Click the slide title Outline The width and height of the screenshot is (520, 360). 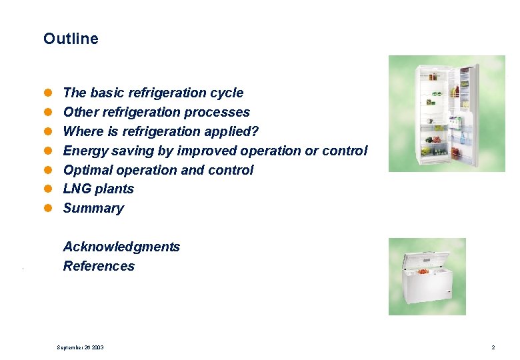tap(71, 39)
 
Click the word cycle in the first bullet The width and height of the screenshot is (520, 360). tap(227, 93)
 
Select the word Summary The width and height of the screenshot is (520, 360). tap(93, 208)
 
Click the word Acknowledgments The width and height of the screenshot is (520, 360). tap(121, 247)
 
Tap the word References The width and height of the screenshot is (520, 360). tap(99, 266)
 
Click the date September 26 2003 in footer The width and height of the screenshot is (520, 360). tap(80, 347)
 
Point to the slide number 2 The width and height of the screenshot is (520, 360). tap(493, 347)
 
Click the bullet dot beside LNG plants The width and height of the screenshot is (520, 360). tap(48, 189)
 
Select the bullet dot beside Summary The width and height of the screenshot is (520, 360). tap(48, 209)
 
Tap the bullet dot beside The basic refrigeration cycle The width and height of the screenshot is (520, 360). tap(48, 93)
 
